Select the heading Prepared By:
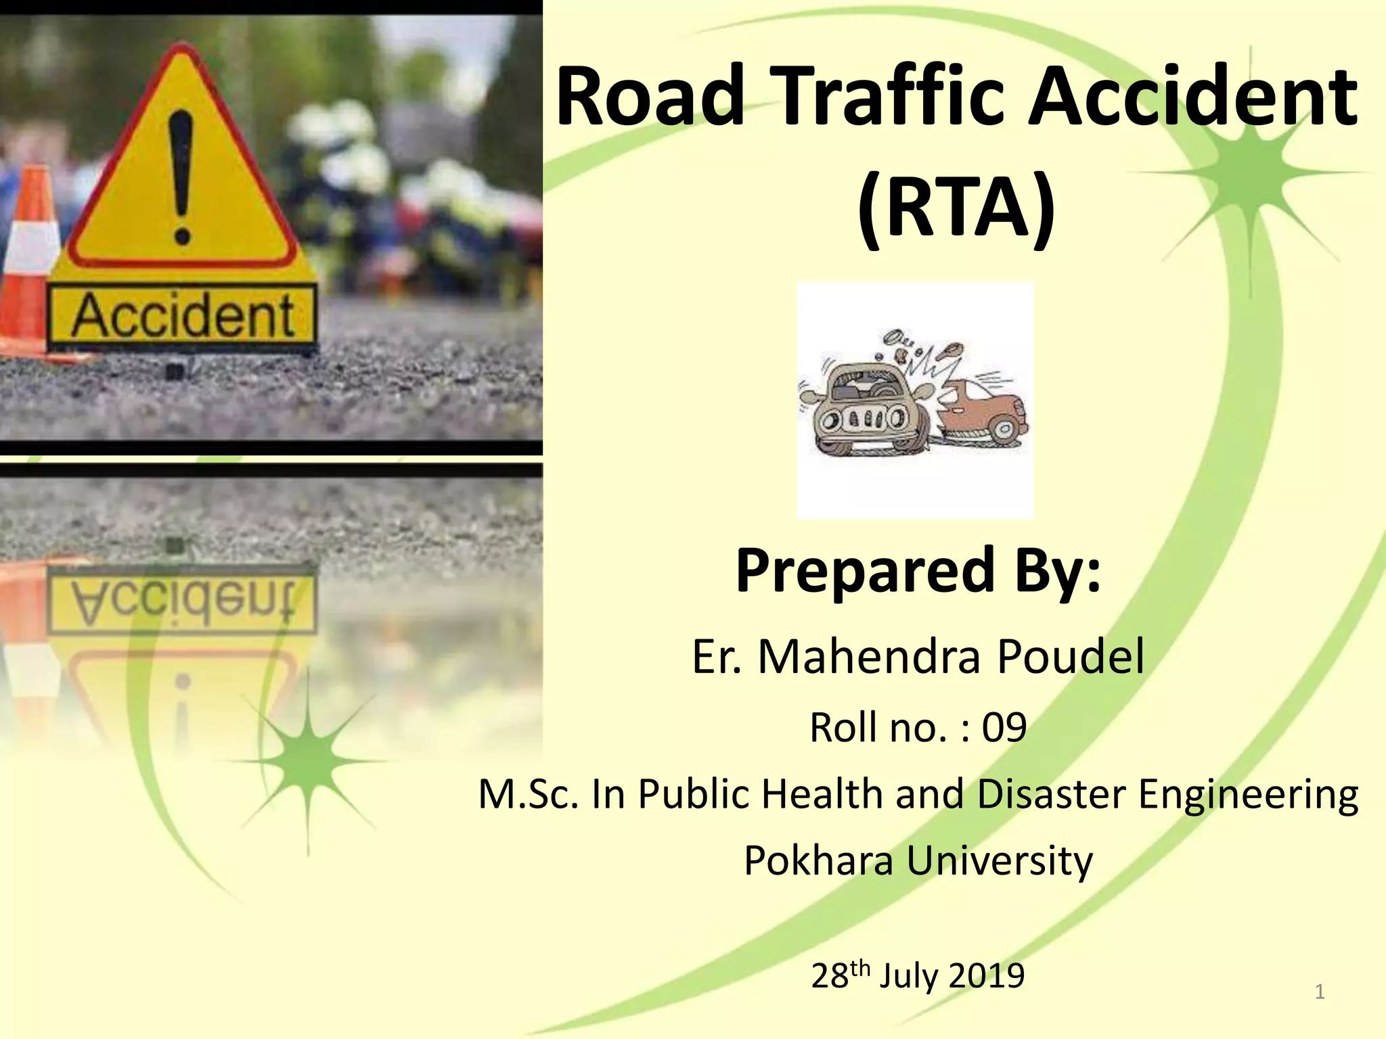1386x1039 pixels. tap(918, 570)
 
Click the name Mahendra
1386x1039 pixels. tap(869, 657)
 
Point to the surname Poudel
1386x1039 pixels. tap(1071, 657)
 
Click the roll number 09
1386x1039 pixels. tap(1004, 728)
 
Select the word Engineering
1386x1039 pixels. tap(1249, 795)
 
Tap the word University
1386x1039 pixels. tap(1000, 862)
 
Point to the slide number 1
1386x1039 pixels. tap(1319, 992)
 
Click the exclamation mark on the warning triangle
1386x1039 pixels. tap(181, 177)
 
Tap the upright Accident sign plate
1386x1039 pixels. tap(183, 317)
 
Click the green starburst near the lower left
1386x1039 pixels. tap(308, 761)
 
